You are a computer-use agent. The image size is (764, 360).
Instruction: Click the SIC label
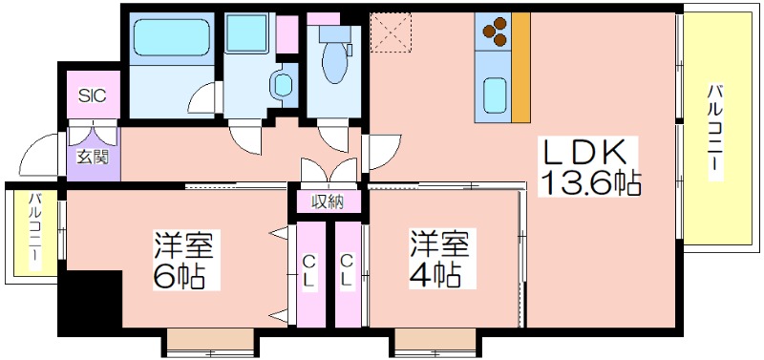coord(92,96)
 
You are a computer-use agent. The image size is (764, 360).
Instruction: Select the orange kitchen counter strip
coord(520,67)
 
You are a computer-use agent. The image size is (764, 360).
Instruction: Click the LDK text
coord(585,153)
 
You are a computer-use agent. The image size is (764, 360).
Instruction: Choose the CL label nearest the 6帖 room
coord(309,270)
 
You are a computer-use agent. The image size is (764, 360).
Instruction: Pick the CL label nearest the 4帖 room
coord(347,270)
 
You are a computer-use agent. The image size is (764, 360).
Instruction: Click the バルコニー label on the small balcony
coord(34,232)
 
